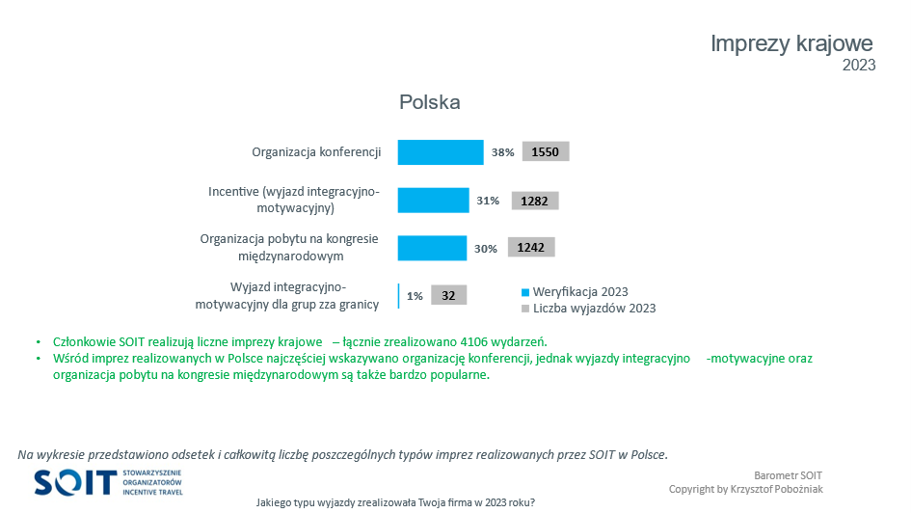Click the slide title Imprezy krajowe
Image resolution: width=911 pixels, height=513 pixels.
click(791, 43)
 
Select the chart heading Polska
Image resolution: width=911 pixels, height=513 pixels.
click(430, 102)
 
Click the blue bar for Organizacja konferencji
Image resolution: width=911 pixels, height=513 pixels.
click(441, 152)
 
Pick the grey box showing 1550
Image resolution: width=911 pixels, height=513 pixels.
click(546, 152)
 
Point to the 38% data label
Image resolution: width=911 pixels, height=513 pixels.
click(502, 152)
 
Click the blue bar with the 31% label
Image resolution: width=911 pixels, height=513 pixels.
click(433, 201)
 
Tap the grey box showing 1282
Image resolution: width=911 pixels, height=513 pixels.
click(535, 201)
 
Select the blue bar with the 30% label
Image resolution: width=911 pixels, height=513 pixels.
click(432, 248)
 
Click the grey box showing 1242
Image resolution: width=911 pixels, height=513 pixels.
click(531, 248)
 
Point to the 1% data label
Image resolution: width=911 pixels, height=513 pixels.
click(415, 296)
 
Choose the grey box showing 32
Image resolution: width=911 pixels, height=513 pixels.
click(448, 296)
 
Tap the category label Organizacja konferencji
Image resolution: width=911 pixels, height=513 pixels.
click(316, 152)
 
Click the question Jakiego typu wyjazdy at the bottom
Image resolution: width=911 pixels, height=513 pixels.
click(395, 502)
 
